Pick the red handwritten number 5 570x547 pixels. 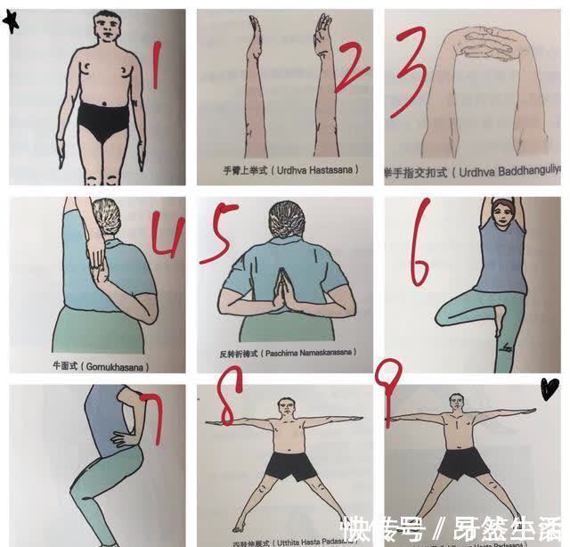pyautogui.click(x=217, y=234)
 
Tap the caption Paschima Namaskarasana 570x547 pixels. pyautogui.click(x=283, y=354)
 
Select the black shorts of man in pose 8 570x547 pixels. pyautogui.click(x=286, y=464)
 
